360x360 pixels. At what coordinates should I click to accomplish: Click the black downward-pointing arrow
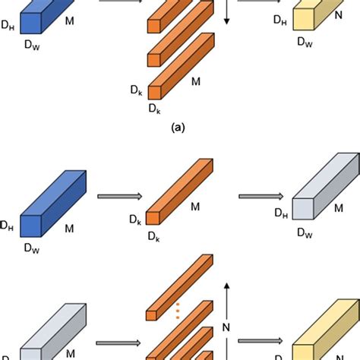226,12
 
